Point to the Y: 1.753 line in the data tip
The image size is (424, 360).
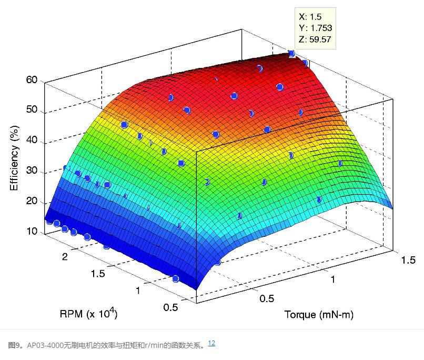[315, 28]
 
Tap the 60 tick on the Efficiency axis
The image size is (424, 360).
[31, 81]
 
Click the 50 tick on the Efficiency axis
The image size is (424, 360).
[31, 110]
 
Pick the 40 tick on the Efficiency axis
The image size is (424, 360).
[31, 141]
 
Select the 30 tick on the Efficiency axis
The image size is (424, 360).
[31, 172]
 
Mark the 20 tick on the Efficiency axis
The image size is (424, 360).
[31, 202]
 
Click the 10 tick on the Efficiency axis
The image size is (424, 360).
[31, 232]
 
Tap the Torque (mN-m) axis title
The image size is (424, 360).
[319, 315]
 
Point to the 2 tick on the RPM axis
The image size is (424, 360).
[65, 256]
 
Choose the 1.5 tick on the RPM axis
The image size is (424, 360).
[98, 273]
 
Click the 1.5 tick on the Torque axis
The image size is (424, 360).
[409, 261]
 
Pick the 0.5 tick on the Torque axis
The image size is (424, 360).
[267, 298]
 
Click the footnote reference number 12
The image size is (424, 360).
[211, 344]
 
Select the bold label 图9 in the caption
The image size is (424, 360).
[15, 345]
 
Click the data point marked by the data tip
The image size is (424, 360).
[291, 53]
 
